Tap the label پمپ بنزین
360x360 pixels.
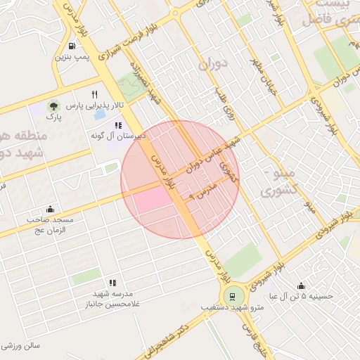click(x=74, y=56)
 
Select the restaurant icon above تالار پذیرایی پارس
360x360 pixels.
click(x=94, y=94)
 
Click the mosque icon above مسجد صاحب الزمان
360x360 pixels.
click(x=49, y=210)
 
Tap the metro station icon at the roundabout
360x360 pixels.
click(x=231, y=295)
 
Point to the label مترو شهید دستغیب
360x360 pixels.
click(x=233, y=308)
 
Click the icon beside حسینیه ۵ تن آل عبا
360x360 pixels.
click(x=301, y=286)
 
